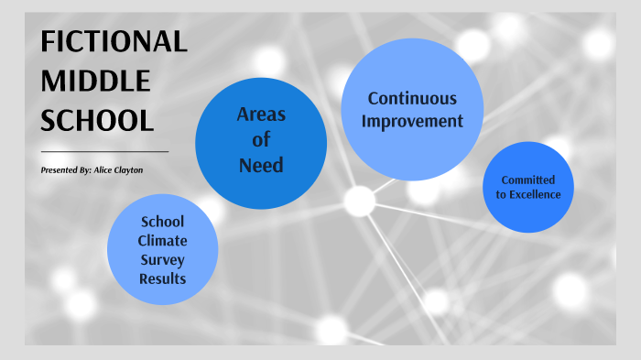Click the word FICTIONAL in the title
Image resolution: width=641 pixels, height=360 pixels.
click(x=114, y=42)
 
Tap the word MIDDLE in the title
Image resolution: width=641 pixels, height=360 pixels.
click(x=95, y=82)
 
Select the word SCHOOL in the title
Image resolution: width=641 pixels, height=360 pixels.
click(x=97, y=120)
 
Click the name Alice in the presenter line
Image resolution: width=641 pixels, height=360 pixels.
click(x=103, y=170)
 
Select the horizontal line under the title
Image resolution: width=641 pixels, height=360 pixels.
click(x=104, y=151)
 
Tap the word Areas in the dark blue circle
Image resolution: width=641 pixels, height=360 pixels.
click(x=261, y=115)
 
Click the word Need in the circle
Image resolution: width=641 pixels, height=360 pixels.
click(x=261, y=166)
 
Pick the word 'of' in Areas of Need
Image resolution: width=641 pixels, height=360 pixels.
click(x=261, y=140)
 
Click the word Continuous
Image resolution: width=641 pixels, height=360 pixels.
click(x=412, y=99)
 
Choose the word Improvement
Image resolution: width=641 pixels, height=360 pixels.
click(x=412, y=121)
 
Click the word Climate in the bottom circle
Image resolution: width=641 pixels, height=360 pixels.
click(x=162, y=240)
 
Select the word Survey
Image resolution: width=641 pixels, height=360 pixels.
click(x=162, y=259)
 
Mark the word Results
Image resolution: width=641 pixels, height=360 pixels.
click(x=162, y=278)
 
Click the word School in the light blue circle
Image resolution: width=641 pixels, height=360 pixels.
click(x=162, y=221)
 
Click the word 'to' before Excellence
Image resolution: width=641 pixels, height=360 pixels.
click(x=501, y=194)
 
